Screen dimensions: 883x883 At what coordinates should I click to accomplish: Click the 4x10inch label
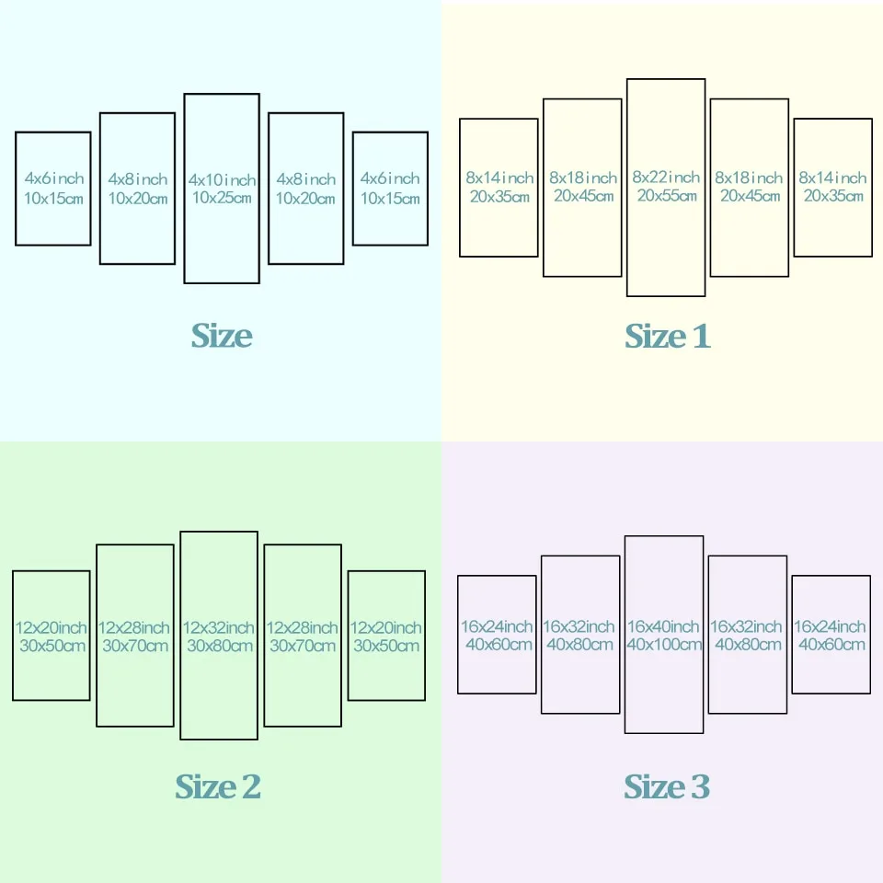(x=222, y=179)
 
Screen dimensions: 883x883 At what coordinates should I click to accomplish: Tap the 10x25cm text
(x=222, y=198)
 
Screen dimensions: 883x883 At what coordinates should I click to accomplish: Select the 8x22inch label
(x=666, y=178)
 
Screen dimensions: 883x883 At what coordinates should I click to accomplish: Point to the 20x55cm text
(x=667, y=195)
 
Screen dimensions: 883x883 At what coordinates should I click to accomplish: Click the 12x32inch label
(x=219, y=627)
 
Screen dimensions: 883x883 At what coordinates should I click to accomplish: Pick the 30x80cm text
(x=220, y=646)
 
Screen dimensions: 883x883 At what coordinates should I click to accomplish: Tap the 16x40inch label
(x=663, y=626)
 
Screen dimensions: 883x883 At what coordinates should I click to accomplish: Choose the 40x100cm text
(x=664, y=644)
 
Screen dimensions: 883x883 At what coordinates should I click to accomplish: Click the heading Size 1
(x=668, y=337)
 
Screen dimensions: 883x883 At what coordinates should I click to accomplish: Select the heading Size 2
(x=218, y=786)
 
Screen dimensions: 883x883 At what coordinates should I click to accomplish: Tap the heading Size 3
(x=667, y=786)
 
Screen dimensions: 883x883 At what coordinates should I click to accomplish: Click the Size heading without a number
(x=222, y=336)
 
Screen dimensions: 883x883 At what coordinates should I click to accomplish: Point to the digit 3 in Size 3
(x=701, y=786)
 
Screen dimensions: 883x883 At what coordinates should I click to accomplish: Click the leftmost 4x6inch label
(x=54, y=178)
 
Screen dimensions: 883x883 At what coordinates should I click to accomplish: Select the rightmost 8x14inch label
(x=832, y=178)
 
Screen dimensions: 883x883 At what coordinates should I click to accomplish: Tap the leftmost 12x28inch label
(x=134, y=627)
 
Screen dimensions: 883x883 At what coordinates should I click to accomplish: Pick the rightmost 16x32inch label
(x=746, y=626)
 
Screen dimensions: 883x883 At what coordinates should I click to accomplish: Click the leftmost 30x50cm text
(x=52, y=646)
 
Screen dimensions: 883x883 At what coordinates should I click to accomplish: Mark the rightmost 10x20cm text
(x=305, y=199)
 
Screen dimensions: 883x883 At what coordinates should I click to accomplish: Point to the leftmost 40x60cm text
(x=499, y=644)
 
